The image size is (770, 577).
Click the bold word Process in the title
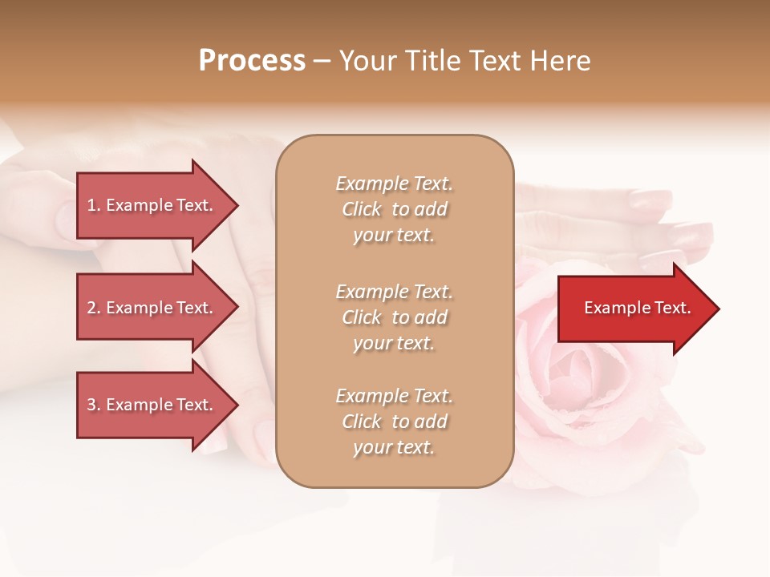pyautogui.click(x=252, y=61)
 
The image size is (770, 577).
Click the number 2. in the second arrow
pyautogui.click(x=94, y=308)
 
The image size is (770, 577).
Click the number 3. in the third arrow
pyautogui.click(x=94, y=405)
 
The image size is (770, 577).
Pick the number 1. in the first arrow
pyautogui.click(x=94, y=205)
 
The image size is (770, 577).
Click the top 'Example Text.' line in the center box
pyautogui.click(x=394, y=184)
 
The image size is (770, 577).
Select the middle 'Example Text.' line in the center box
pyautogui.click(x=394, y=292)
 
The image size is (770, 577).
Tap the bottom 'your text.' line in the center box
pyautogui.click(x=394, y=447)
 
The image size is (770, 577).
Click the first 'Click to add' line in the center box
pyautogui.click(x=394, y=209)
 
